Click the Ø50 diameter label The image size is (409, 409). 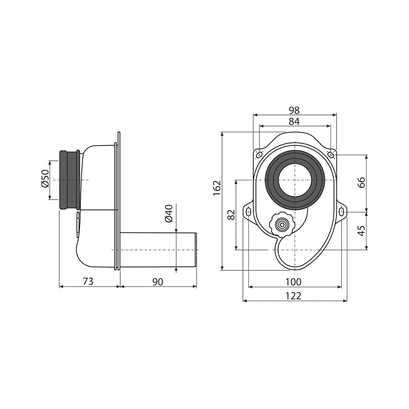point(45,178)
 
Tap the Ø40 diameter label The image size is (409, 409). point(169,213)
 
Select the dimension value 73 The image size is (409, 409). point(88,281)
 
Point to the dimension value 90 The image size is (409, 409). point(158,282)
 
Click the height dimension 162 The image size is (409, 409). point(217,188)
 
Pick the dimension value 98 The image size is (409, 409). point(294,110)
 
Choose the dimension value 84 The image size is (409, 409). point(294,121)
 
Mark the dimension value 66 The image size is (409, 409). point(361,182)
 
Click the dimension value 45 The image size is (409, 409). point(361,231)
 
